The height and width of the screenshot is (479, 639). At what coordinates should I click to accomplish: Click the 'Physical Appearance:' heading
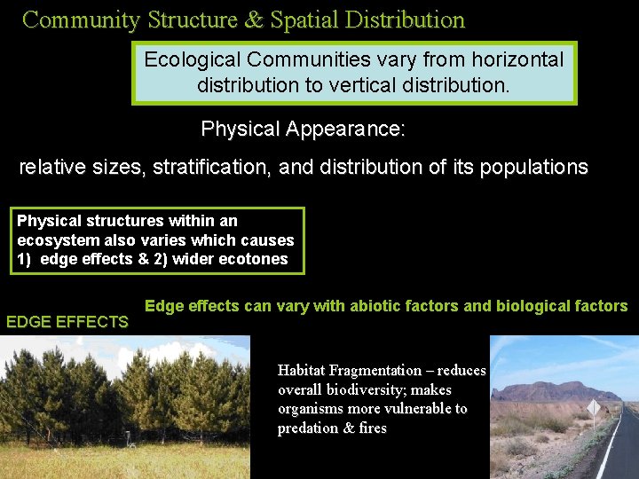[x=303, y=129]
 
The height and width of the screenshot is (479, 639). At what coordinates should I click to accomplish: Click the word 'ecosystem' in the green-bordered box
[x=52, y=239]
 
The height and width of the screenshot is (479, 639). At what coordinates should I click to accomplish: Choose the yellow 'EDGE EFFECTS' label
[x=67, y=322]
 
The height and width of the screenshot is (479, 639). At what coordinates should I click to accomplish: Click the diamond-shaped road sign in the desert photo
[x=593, y=407]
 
